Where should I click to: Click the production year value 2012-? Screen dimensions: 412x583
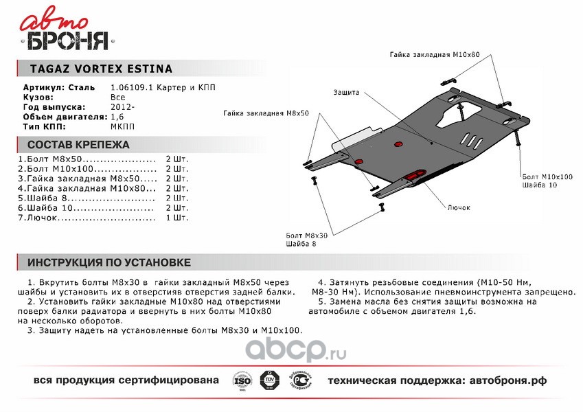122,107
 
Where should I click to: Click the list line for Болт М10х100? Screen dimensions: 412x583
87,168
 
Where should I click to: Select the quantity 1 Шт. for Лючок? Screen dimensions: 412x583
176,218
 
